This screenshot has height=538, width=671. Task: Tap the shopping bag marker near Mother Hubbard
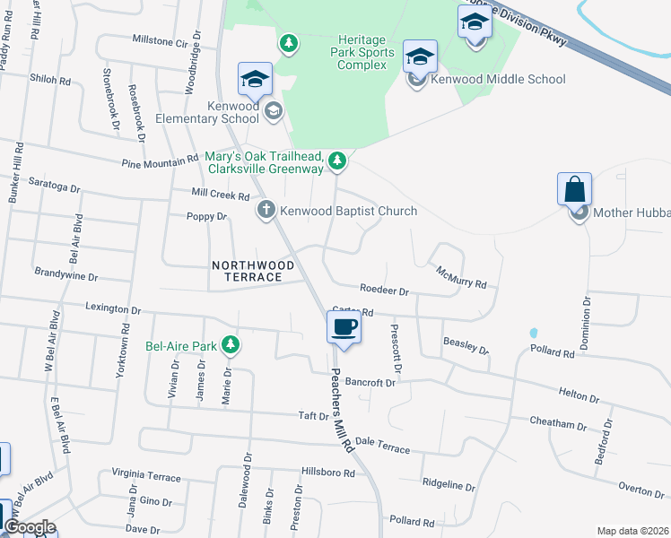(574, 190)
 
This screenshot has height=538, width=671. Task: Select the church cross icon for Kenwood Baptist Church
(266, 211)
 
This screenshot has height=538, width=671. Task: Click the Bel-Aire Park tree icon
(231, 344)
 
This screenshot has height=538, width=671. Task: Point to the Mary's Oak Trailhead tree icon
(336, 161)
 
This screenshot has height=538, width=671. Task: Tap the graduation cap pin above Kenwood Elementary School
(255, 80)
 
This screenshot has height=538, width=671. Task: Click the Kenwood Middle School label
(498, 79)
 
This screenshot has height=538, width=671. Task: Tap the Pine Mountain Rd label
(160, 161)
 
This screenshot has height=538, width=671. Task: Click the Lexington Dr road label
(113, 308)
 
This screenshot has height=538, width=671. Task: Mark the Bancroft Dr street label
(369, 383)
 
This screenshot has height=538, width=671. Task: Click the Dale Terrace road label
(382, 446)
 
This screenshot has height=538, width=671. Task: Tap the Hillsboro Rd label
(328, 472)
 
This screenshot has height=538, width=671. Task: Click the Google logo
(29, 527)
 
